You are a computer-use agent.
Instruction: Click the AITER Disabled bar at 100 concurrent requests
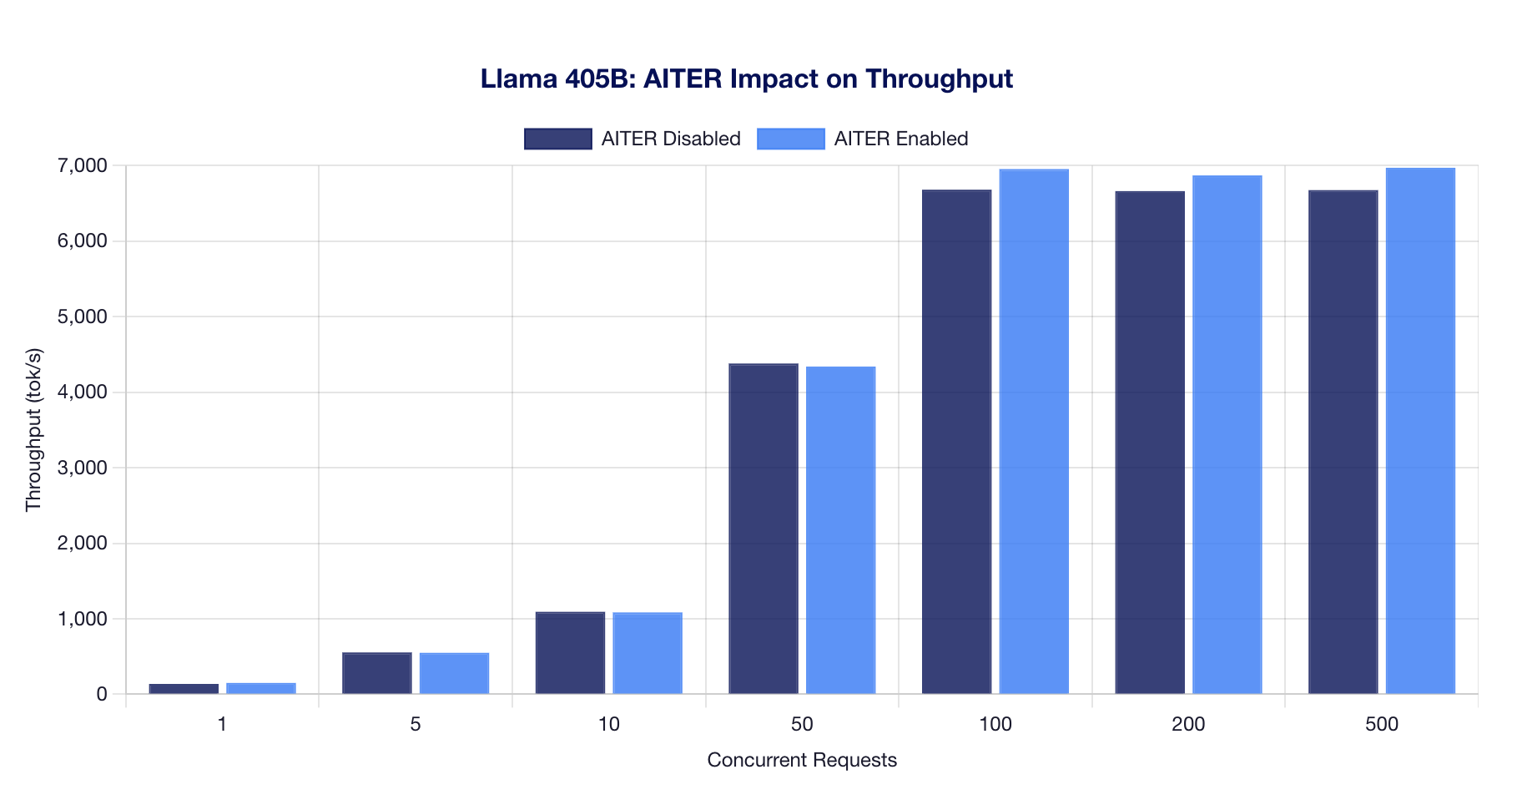pyautogui.click(x=956, y=443)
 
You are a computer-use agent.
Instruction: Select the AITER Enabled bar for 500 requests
pyautogui.click(x=1420, y=431)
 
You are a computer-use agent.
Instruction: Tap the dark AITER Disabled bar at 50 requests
pyautogui.click(x=764, y=529)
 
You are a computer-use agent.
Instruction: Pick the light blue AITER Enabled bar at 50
pyautogui.click(x=840, y=530)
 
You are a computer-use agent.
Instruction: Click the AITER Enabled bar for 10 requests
pyautogui.click(x=648, y=653)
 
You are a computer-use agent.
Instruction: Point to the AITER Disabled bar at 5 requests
pyautogui.click(x=377, y=673)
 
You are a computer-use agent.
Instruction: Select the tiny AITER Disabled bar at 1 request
pyautogui.click(x=184, y=689)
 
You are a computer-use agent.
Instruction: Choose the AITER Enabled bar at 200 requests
pyautogui.click(x=1227, y=434)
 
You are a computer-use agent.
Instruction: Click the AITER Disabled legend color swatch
pyautogui.click(x=557, y=139)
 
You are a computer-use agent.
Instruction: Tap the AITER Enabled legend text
pyautogui.click(x=900, y=139)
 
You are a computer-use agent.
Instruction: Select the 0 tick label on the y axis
pyautogui.click(x=101, y=695)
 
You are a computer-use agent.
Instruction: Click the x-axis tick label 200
pyautogui.click(x=1188, y=725)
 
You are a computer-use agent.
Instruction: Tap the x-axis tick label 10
pyautogui.click(x=609, y=725)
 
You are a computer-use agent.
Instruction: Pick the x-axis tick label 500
pyautogui.click(x=1381, y=725)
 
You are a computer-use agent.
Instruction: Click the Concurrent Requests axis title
pyautogui.click(x=801, y=761)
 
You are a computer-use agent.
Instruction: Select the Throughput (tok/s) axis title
pyautogui.click(x=33, y=430)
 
